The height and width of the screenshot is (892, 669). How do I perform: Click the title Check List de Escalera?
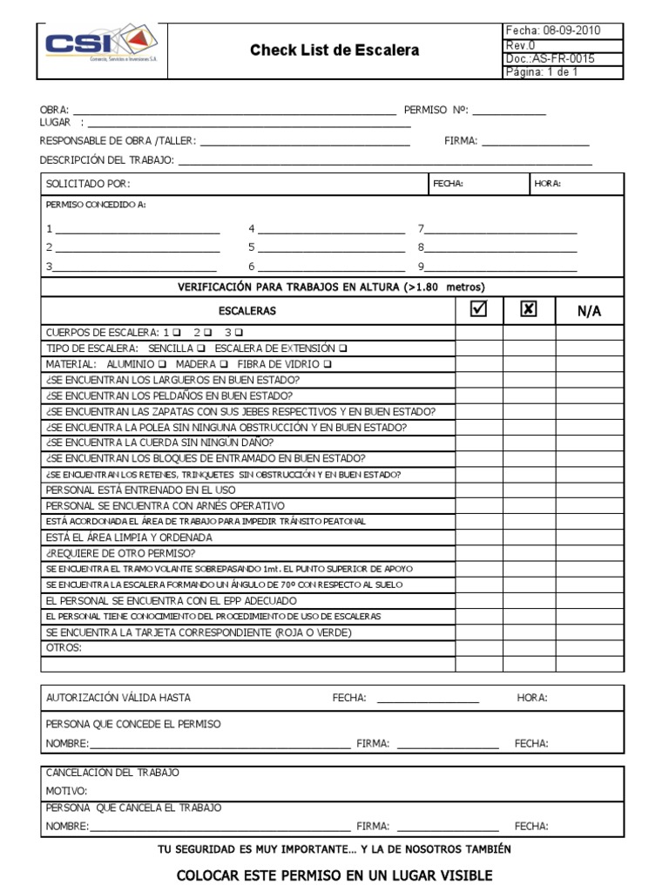(x=334, y=51)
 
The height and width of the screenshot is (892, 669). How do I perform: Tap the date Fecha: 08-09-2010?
(x=564, y=30)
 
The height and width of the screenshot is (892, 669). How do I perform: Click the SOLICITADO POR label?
(x=89, y=184)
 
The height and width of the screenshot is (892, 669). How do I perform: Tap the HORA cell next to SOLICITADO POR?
(x=578, y=184)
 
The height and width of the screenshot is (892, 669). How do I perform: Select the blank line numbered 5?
(x=331, y=247)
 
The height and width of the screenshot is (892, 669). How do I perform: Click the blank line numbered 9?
(x=501, y=267)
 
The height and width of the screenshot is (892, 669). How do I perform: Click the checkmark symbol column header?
(x=478, y=310)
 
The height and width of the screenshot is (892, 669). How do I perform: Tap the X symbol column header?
(x=529, y=310)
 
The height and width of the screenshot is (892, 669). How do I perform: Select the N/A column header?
(x=589, y=311)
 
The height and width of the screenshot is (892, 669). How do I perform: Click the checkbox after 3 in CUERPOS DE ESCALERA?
(x=240, y=333)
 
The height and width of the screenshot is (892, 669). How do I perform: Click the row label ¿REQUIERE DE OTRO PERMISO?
(x=120, y=553)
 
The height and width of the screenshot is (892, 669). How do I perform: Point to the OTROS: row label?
(x=64, y=648)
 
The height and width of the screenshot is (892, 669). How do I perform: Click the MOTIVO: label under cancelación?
(x=67, y=791)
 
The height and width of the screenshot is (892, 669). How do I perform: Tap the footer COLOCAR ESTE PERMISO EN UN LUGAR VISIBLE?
(x=334, y=875)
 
